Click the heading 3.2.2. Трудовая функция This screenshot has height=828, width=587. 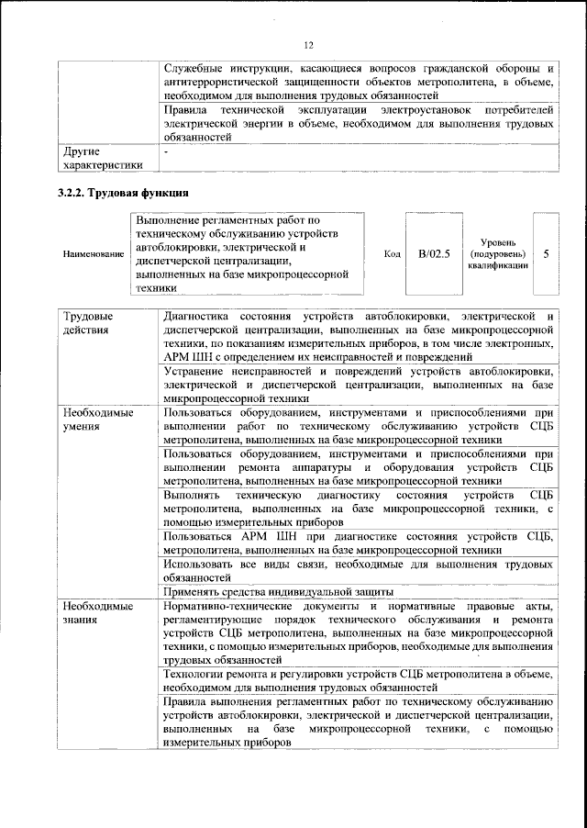[124, 193]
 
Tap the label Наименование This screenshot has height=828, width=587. [93, 253]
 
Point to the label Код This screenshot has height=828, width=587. [392, 253]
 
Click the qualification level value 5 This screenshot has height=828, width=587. [546, 252]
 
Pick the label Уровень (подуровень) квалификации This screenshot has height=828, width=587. [497, 252]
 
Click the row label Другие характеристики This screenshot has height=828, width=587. [102, 158]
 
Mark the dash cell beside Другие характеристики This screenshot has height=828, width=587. [166, 150]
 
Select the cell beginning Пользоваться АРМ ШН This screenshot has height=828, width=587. [358, 542]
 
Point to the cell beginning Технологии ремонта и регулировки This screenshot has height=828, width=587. [358, 680]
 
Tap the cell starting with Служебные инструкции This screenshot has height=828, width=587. [358, 81]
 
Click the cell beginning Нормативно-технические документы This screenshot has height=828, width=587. [358, 632]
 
